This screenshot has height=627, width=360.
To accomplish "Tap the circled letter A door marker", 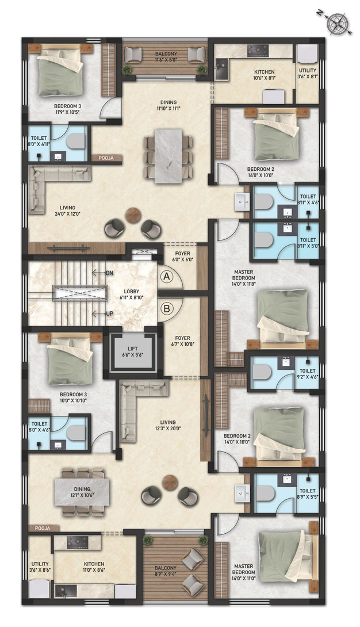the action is point(167,276).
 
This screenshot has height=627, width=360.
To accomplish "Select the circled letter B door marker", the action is point(167,309).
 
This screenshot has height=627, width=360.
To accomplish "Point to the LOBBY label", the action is point(132,292).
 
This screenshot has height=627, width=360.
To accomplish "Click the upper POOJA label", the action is point(106,158).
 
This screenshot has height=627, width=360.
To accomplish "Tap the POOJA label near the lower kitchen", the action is point(43,528).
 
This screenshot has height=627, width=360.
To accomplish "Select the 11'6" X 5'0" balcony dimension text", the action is point(166,60).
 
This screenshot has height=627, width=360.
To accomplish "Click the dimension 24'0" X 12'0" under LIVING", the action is point(67,214).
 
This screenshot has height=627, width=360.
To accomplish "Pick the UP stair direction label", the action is point(110,313).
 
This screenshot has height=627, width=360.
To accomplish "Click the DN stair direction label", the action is point(110,273).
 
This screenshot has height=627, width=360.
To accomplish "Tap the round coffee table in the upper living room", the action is point(133,215).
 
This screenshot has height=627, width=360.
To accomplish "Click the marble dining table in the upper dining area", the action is point(168,156).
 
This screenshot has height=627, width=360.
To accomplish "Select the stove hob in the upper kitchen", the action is point(258,51).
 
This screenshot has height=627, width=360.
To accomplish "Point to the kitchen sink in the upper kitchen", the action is point(221,70).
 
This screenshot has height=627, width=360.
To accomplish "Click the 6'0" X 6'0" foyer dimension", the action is point(183,259).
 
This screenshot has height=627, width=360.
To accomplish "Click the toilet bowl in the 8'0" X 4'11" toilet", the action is point(76,141).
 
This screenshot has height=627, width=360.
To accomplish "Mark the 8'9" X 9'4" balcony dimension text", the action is point(166,574).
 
